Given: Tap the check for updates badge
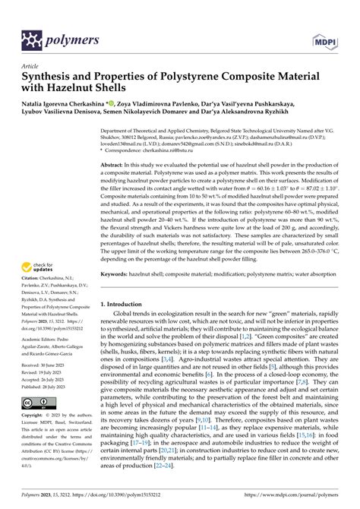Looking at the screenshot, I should point(39,267).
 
